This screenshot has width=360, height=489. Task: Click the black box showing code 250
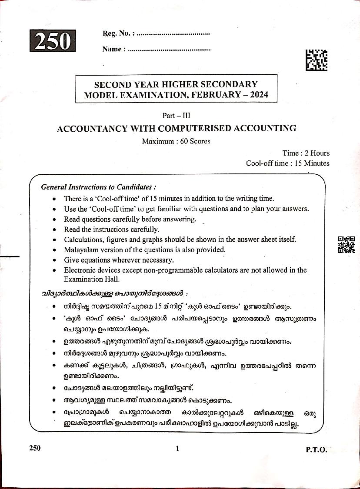[x=53, y=41]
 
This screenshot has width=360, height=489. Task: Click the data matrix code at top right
[x=316, y=60]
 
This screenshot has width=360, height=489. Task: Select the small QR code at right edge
[x=346, y=245]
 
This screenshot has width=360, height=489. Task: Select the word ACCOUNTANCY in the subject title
[x=90, y=128]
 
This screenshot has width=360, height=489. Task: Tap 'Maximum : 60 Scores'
[x=176, y=141]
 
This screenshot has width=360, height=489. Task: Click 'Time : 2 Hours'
[x=306, y=153]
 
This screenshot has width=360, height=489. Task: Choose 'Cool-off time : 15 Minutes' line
[x=287, y=163]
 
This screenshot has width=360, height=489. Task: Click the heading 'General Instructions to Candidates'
[x=98, y=187]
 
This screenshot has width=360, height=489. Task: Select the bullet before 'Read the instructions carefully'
[x=53, y=230]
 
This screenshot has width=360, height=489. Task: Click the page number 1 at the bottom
[x=177, y=449]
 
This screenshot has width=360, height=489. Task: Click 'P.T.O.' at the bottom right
[x=316, y=450]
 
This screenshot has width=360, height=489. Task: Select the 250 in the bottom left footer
[x=35, y=448]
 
